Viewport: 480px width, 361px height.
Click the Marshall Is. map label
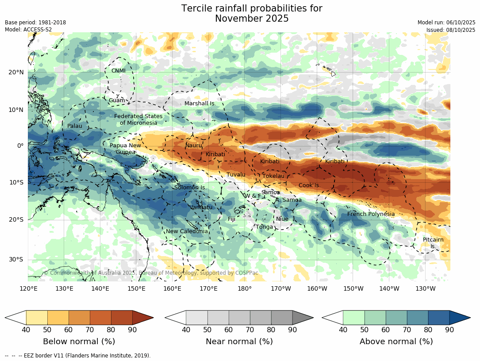200,104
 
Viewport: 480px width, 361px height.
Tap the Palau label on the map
75,126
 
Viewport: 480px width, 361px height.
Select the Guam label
117,100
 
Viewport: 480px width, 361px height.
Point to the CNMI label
119,71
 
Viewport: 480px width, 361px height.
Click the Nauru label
193,146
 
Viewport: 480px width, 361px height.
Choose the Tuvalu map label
236,175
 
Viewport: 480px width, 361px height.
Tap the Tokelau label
273,176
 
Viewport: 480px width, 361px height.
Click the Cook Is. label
309,185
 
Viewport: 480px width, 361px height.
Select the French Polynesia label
371,214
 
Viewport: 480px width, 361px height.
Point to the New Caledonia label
187,231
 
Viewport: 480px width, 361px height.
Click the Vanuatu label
201,207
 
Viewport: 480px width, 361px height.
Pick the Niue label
282,219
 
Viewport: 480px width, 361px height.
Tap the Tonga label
265,227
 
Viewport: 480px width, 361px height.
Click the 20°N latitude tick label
16,73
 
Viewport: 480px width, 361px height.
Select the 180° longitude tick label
245,289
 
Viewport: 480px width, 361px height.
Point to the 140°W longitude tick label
389,289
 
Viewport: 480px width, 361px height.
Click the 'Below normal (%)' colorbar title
79,342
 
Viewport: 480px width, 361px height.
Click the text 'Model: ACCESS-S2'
28,30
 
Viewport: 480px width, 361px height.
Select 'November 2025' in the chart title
252,19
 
